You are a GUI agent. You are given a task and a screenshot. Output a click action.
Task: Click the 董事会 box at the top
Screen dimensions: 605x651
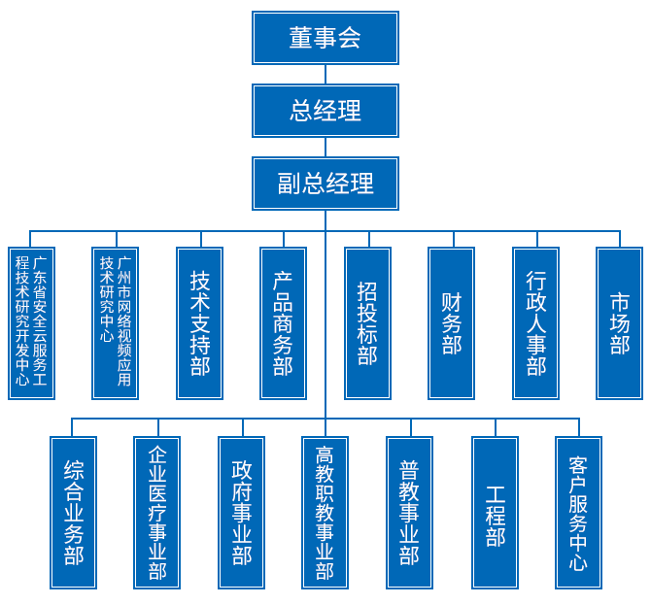click(325, 38)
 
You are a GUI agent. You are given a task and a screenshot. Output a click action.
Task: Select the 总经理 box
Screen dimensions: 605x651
click(325, 110)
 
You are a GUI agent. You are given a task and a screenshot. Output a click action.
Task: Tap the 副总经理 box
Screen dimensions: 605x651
click(325, 183)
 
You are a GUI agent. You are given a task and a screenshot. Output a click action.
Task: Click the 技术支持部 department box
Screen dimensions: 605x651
click(199, 322)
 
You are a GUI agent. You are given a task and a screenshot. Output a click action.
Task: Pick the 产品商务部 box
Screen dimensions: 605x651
click(283, 322)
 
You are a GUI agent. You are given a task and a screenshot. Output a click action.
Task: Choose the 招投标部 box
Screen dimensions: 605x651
click(367, 322)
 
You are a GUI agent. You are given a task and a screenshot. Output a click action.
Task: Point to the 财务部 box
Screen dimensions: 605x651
click(451, 322)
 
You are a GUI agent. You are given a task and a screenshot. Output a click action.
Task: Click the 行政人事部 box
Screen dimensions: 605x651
click(535, 322)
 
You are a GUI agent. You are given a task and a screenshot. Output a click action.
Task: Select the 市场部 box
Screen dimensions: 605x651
click(619, 322)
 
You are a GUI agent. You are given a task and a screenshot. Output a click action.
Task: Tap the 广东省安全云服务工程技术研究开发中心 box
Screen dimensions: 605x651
click(31, 322)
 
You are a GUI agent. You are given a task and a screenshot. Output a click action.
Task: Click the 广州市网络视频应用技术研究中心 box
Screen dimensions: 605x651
click(115, 322)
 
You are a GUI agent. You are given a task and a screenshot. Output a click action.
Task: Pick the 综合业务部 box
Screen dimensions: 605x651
click(74, 512)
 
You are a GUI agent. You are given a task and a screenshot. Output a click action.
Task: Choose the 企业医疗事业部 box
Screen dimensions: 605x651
click(156, 512)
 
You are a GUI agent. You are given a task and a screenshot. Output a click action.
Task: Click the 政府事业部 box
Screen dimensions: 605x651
click(241, 512)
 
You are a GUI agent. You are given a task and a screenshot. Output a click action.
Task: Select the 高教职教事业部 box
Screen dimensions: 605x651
click(325, 512)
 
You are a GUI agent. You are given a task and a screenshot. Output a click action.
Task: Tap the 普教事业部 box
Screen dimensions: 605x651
click(409, 512)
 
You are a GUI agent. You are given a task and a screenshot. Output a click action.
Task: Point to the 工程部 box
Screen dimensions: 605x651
click(496, 512)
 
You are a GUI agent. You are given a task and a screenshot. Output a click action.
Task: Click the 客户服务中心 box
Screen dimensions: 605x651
click(578, 512)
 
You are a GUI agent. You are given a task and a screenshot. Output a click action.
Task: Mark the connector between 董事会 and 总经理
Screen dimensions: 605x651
click(325, 74)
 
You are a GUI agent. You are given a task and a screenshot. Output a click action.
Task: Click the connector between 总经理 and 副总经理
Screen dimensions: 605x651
click(325, 147)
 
